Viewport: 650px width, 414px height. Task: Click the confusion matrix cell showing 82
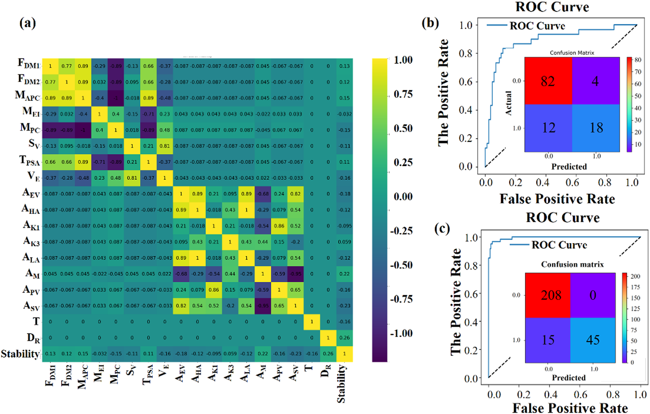coord(548,81)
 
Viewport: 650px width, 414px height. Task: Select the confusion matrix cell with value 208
coord(548,295)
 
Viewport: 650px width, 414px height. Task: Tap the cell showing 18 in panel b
coord(596,128)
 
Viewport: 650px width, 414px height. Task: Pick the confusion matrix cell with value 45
coord(593,340)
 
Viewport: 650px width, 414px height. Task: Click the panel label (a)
coord(28,23)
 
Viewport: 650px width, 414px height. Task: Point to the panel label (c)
coord(442,229)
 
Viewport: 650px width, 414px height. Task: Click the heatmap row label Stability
coord(20,354)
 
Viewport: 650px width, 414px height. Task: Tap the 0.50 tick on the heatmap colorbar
coord(403,128)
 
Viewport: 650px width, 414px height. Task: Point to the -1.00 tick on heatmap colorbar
coord(401,333)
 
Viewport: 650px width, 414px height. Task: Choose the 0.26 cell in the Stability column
coord(344,338)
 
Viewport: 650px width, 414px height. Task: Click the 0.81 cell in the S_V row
coord(165,146)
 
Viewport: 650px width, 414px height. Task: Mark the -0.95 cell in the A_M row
coord(295,274)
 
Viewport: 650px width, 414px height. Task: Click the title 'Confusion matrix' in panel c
coord(572,264)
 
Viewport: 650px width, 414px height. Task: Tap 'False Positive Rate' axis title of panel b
coord(557,199)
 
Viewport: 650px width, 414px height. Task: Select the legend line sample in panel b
coord(497,25)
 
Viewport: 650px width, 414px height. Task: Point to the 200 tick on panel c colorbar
coord(635,276)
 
